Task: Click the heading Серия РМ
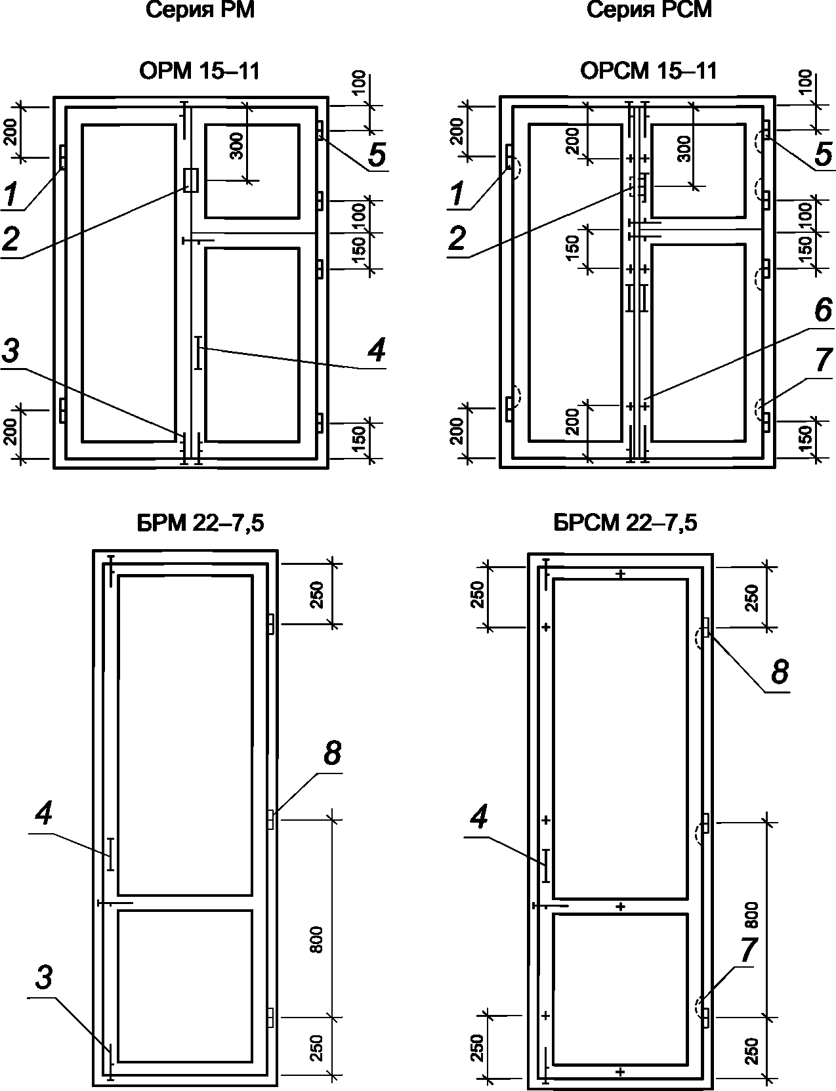pyautogui.click(x=200, y=10)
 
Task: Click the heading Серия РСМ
pyautogui.click(x=649, y=10)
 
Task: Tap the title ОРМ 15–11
pyautogui.click(x=200, y=71)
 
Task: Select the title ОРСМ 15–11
pyautogui.click(x=649, y=71)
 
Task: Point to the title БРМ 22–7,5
pyautogui.click(x=200, y=523)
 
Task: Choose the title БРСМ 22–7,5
pyautogui.click(x=625, y=523)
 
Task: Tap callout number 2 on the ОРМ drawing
pyautogui.click(x=10, y=239)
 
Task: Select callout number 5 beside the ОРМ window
pyautogui.click(x=377, y=154)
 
